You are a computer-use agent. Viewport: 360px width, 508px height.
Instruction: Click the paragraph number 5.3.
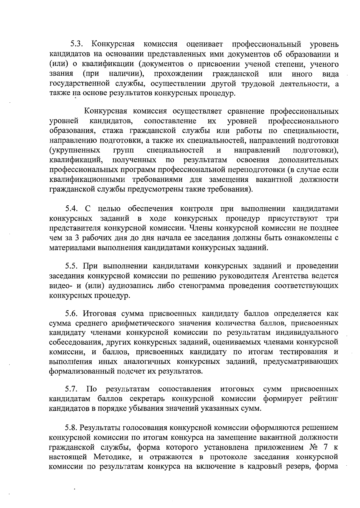(76, 44)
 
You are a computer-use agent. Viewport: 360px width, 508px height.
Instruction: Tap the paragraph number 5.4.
(72, 209)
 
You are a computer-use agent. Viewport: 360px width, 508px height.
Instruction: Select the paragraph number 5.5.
(72, 266)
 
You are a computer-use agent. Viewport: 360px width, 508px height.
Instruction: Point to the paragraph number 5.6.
(72, 314)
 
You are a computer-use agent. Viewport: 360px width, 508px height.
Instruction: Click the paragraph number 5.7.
(72, 389)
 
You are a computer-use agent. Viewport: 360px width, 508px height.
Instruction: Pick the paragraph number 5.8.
(72, 428)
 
